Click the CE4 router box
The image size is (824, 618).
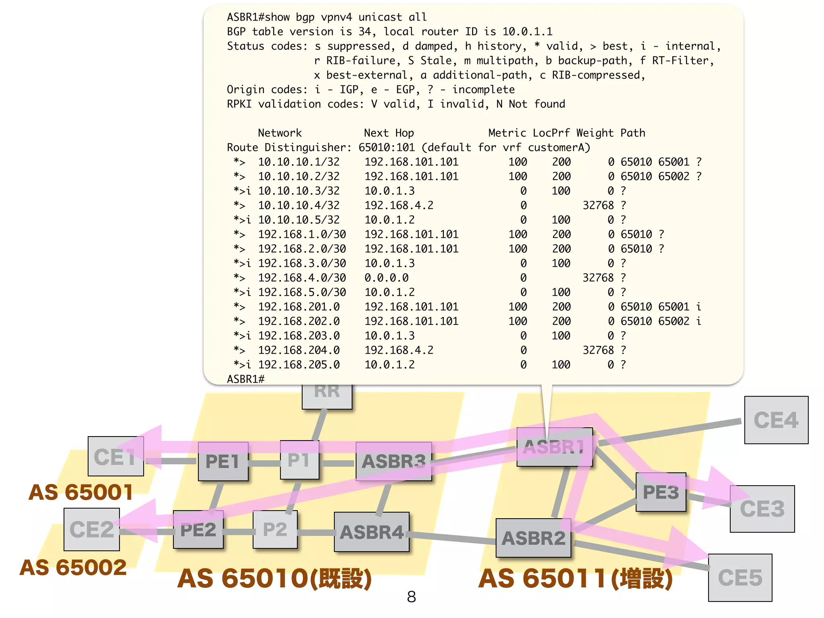tap(776, 420)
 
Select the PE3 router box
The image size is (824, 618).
tap(661, 492)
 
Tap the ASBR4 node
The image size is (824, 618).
tap(371, 532)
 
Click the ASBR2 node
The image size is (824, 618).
tap(533, 538)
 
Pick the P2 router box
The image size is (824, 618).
tap(275, 529)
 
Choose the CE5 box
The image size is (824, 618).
tap(740, 578)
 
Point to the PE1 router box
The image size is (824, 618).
tap(222, 461)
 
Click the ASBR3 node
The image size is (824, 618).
tap(393, 461)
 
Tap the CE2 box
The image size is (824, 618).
tap(91, 529)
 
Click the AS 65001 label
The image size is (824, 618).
tap(80, 492)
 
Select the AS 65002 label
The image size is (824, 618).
tap(73, 567)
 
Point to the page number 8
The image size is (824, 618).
tap(411, 597)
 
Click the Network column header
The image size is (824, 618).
tap(280, 133)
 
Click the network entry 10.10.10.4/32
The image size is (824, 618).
tap(299, 205)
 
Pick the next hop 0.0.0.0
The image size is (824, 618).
tap(386, 278)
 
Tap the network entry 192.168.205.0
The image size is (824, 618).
tap(299, 365)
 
